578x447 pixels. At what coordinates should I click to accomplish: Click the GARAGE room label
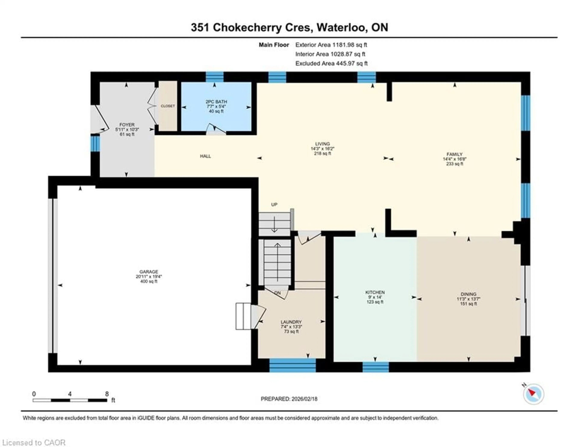(149, 271)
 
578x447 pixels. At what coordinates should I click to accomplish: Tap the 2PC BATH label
(216, 101)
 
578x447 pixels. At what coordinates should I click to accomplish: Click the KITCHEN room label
(375, 292)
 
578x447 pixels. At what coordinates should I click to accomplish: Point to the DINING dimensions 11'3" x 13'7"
(468, 299)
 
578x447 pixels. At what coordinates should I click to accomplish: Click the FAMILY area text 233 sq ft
(454, 164)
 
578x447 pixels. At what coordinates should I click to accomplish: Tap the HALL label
(205, 156)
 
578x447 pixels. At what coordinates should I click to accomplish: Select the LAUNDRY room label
(291, 322)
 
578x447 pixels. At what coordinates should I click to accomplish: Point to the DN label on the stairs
(278, 293)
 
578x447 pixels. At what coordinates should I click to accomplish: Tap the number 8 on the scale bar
(107, 394)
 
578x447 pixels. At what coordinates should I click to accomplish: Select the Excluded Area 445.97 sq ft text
(331, 63)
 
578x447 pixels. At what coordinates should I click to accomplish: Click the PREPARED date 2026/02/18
(304, 399)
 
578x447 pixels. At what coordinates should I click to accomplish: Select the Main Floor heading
(274, 45)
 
